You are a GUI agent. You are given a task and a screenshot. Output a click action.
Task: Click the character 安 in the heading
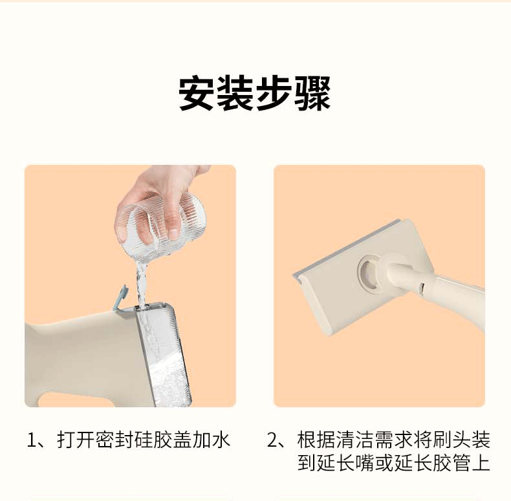click(x=197, y=93)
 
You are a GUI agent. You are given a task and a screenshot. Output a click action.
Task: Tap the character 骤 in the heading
click(x=312, y=93)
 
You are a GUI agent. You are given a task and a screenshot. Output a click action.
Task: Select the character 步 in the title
click(x=274, y=93)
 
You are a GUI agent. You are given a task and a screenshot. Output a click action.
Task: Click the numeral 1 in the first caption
click(x=32, y=440)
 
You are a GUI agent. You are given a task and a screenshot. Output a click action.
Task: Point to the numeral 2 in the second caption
click(x=272, y=440)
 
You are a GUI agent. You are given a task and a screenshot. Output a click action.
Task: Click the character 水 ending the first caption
click(x=221, y=440)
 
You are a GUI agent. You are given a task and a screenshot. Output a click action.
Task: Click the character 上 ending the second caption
click(x=481, y=463)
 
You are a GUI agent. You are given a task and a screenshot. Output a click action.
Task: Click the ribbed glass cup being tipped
click(x=161, y=225)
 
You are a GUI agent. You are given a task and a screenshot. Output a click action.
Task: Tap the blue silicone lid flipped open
click(x=120, y=297)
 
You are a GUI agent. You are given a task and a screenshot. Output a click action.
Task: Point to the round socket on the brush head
click(x=369, y=272)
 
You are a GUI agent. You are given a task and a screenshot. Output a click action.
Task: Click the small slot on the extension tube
click(x=421, y=286)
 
